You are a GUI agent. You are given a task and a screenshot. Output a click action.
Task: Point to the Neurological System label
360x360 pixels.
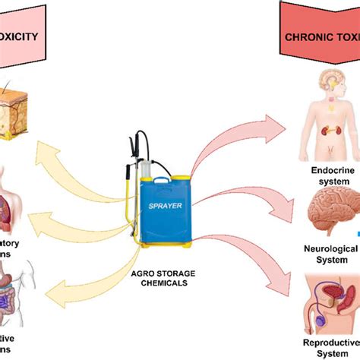tap(335, 254)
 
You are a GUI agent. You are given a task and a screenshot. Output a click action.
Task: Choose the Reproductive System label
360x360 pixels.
tap(333, 346)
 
